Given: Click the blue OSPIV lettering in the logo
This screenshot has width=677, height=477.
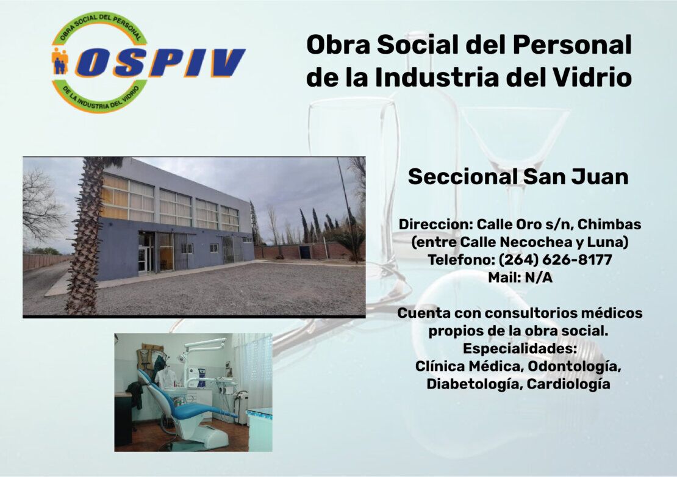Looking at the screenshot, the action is pyautogui.click(x=160, y=63).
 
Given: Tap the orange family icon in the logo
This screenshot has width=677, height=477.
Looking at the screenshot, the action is pyautogui.click(x=60, y=61).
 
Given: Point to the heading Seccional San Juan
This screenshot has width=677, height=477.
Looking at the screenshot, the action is pyautogui.click(x=518, y=176).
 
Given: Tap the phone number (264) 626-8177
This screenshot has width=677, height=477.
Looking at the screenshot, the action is pyautogui.click(x=555, y=260).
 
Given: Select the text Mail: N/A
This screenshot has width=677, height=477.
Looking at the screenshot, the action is pyautogui.click(x=520, y=278).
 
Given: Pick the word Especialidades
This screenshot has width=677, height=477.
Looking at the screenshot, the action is pyautogui.click(x=520, y=348).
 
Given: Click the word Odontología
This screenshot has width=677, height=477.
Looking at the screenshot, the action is pyautogui.click(x=575, y=367).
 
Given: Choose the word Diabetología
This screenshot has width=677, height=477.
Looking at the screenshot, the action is pyautogui.click(x=474, y=384).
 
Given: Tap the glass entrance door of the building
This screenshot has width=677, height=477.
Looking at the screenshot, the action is pyautogui.click(x=146, y=253).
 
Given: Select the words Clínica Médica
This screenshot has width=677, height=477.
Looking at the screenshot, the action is pyautogui.click(x=469, y=367).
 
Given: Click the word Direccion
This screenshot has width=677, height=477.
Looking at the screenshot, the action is pyautogui.click(x=435, y=224).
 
